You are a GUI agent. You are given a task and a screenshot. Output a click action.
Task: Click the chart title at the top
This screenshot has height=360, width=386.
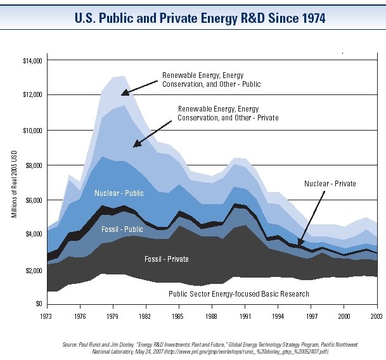193,18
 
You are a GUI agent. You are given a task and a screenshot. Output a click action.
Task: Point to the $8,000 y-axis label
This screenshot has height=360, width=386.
30,165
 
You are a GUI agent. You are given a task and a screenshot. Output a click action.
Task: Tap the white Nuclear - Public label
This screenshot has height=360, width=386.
120,193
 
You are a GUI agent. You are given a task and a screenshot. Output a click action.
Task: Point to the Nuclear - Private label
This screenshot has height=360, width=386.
330,184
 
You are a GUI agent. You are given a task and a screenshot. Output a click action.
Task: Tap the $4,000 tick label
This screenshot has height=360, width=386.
30,234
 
